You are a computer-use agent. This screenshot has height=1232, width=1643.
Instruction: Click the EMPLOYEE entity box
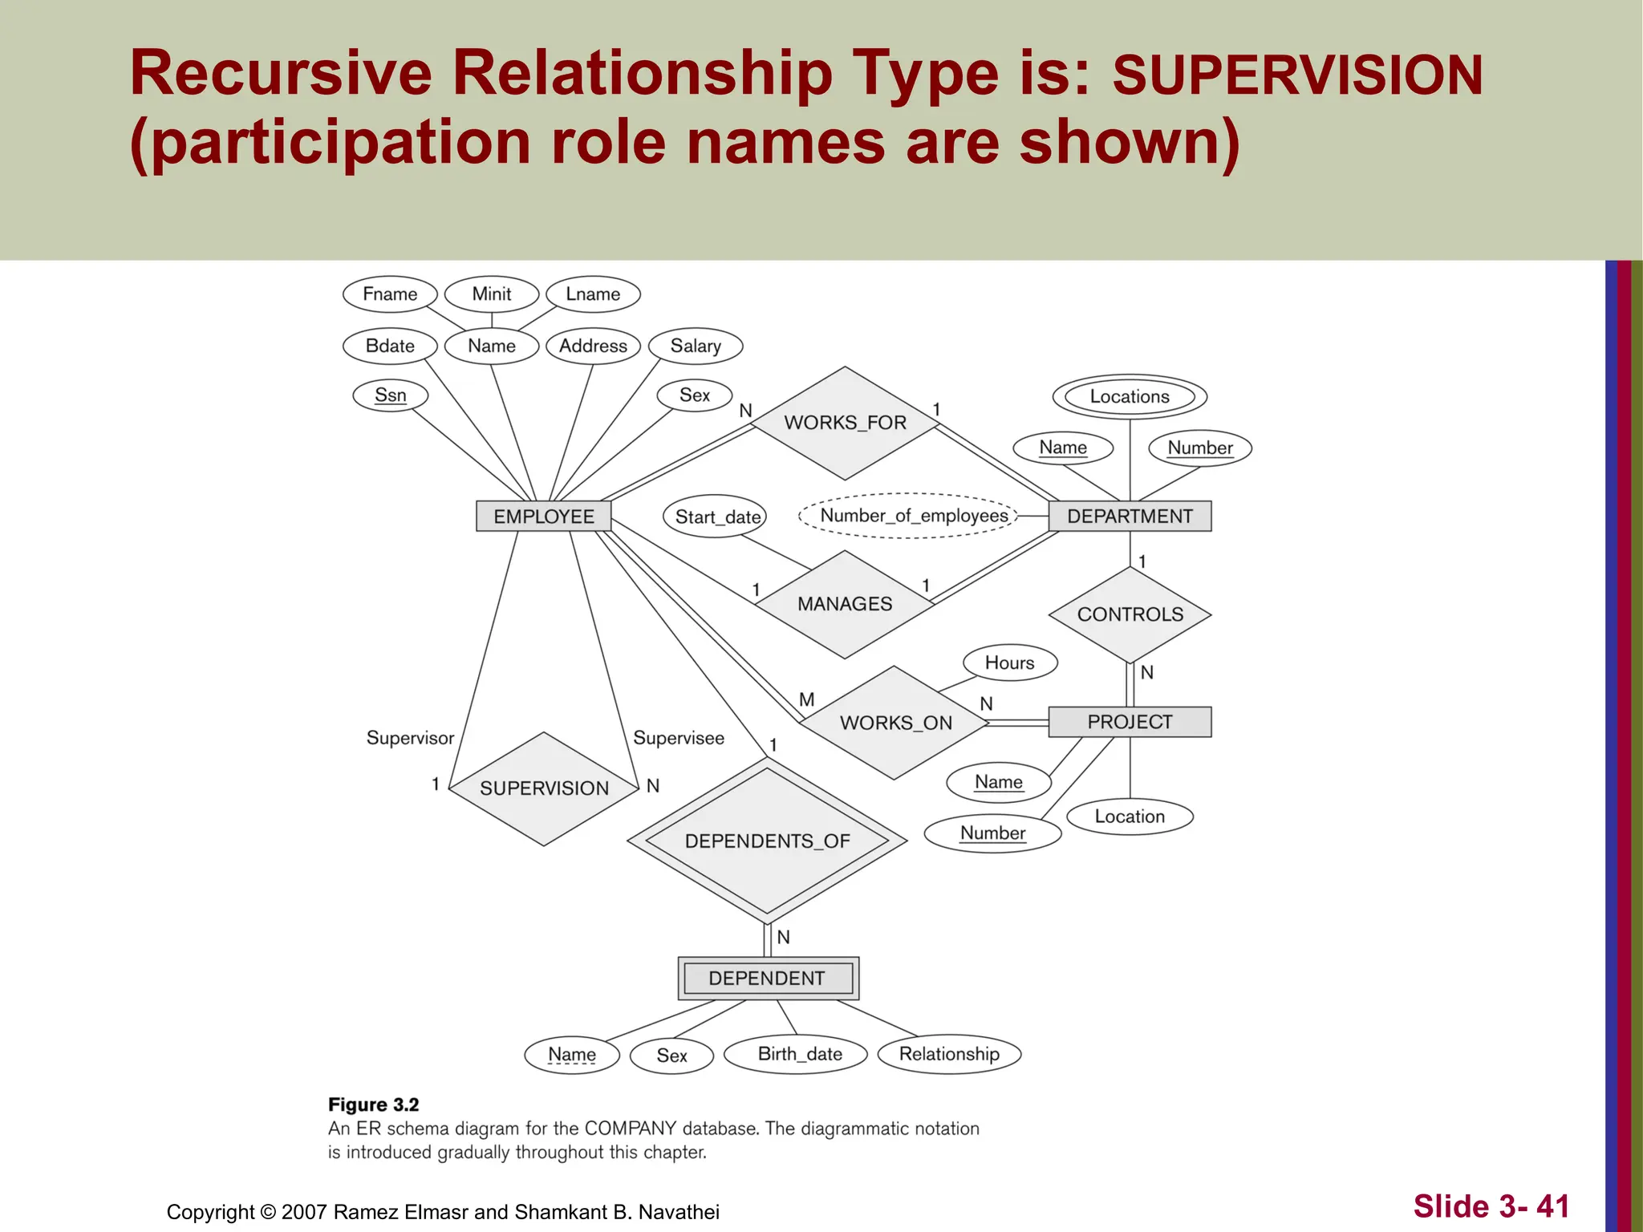coord(543,516)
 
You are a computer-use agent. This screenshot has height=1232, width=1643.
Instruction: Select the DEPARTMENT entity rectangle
coord(1130,516)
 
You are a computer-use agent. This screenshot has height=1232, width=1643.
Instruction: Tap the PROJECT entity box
coord(1130,722)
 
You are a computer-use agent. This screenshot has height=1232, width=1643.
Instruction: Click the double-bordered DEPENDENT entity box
coord(768,978)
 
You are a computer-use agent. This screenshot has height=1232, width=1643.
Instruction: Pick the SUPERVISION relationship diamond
coord(544,788)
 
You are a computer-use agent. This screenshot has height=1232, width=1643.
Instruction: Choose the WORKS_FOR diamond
coord(845,423)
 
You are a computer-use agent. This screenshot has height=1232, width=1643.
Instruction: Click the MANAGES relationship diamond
coord(845,604)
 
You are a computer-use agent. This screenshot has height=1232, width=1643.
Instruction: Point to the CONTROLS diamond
coord(1130,614)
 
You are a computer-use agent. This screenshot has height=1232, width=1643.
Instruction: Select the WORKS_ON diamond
coord(895,723)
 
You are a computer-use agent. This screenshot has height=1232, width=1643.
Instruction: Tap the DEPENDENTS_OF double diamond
coord(767,841)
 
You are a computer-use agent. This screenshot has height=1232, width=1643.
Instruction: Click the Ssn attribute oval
coord(391,395)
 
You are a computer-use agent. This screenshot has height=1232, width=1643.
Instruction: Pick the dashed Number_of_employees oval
coord(913,516)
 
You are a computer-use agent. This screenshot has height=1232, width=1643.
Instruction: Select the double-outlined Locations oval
coord(1130,396)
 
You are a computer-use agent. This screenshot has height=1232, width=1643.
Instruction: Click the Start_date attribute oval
coord(716,517)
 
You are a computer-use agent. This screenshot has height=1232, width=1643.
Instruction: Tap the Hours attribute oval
coord(1009,663)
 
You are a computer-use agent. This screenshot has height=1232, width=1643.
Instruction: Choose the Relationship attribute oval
coord(949,1054)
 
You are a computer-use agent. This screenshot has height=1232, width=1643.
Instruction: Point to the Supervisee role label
coord(679,738)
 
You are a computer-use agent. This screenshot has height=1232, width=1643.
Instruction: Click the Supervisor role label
coord(410,738)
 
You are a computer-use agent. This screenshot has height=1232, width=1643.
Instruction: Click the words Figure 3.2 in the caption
coord(374,1104)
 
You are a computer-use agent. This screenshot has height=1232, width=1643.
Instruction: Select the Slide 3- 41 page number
coord(1491,1206)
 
